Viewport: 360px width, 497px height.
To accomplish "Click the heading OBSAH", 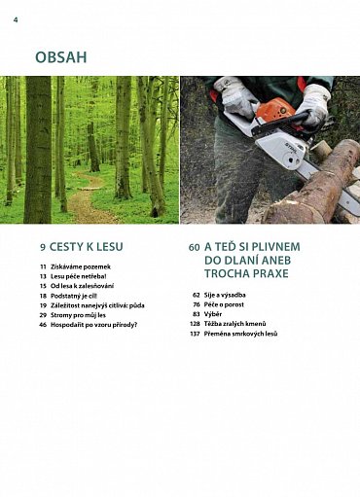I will point(60,57).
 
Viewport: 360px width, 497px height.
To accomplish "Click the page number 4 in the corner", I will point(16,18).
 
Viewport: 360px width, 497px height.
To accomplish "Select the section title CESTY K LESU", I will point(88,247).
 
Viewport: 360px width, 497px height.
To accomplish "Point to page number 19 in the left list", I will point(43,305).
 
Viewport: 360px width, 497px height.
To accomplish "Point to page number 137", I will point(195,334).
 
